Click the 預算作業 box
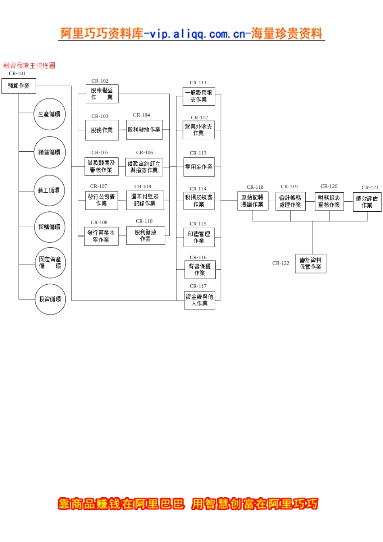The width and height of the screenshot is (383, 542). click(x=19, y=86)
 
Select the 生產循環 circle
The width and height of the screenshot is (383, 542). click(x=50, y=114)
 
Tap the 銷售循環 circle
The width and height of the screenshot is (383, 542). click(x=50, y=152)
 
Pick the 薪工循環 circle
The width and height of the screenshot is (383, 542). click(x=49, y=190)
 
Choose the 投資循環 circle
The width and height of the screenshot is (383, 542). click(x=50, y=299)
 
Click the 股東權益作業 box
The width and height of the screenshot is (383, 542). click(x=102, y=94)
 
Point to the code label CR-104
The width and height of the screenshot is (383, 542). click(x=142, y=115)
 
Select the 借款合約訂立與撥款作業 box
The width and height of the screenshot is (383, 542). click(x=144, y=167)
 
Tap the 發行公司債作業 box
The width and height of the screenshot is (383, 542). click(x=102, y=200)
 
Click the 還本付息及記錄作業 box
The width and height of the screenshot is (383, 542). click(x=145, y=200)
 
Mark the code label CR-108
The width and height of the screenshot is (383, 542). click(x=99, y=222)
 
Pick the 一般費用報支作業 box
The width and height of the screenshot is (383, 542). click(x=199, y=96)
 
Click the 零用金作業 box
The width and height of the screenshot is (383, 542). click(x=199, y=167)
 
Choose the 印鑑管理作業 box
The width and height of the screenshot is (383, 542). click(x=199, y=238)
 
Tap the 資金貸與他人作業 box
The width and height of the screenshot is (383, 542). click(x=200, y=300)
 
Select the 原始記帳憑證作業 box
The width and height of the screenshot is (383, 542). click(x=253, y=201)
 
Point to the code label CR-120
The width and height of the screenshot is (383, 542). click(x=329, y=186)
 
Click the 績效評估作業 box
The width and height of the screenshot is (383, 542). click(x=367, y=202)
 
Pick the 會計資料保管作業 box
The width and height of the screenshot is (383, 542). click(x=311, y=263)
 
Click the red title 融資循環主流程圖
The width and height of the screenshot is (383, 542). click(x=29, y=65)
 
